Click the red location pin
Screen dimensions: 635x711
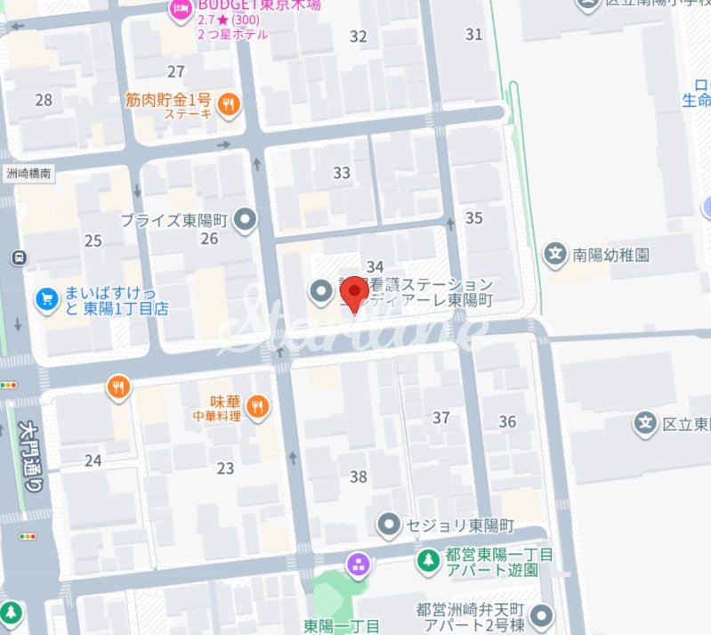(356, 293)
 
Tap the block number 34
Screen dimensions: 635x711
(375, 267)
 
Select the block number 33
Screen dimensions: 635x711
(342, 173)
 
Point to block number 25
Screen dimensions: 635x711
(93, 240)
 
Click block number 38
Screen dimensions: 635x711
(358, 476)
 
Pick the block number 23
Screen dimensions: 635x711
(225, 468)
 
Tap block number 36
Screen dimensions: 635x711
(508, 421)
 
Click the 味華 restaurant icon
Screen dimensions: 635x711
(257, 406)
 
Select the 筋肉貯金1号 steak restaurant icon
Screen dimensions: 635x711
(230, 104)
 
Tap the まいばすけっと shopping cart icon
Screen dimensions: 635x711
(46, 299)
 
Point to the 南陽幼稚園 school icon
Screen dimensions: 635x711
(556, 255)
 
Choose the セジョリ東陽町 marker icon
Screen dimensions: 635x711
(387, 525)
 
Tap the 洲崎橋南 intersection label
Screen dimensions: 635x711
(28, 175)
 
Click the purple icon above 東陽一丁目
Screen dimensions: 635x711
(359, 563)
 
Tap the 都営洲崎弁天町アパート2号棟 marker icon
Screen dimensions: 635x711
(540, 615)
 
